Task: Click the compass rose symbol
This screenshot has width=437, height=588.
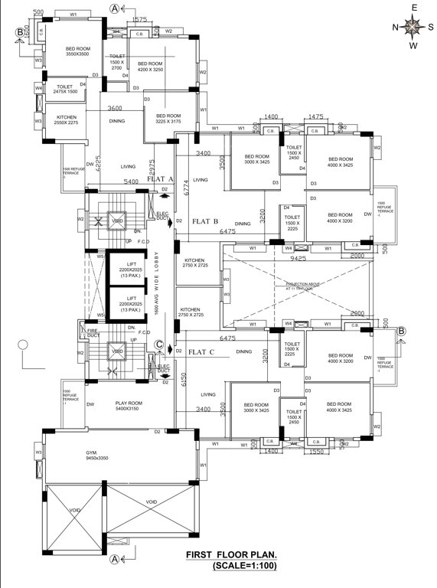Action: coord(413,28)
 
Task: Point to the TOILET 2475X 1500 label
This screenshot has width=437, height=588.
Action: coord(61,90)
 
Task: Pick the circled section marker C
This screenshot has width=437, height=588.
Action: coord(158,346)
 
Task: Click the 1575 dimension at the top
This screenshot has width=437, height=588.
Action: coord(139,20)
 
